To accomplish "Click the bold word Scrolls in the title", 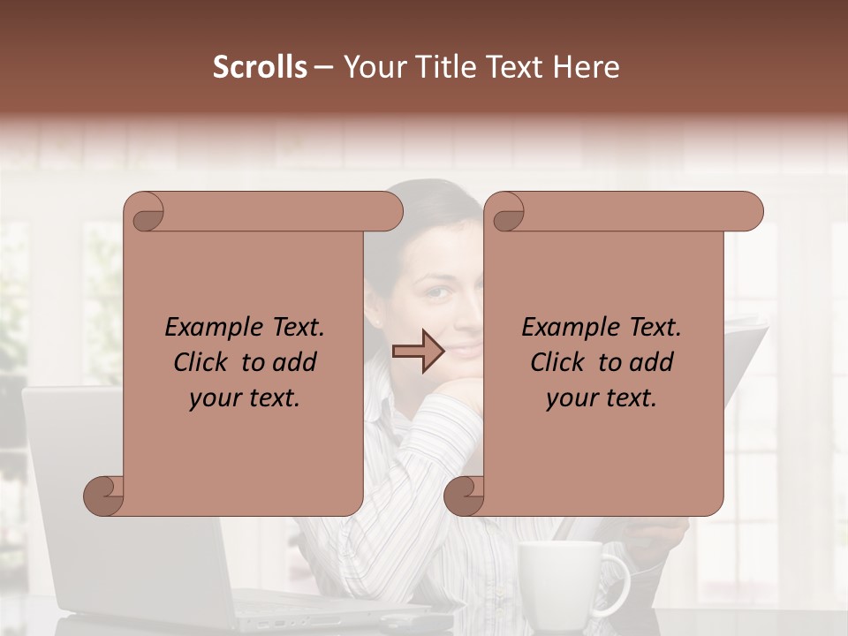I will click(260, 67).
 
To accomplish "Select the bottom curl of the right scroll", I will click(464, 496).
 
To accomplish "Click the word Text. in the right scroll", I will click(648, 328).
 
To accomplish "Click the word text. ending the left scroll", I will click(273, 398).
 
